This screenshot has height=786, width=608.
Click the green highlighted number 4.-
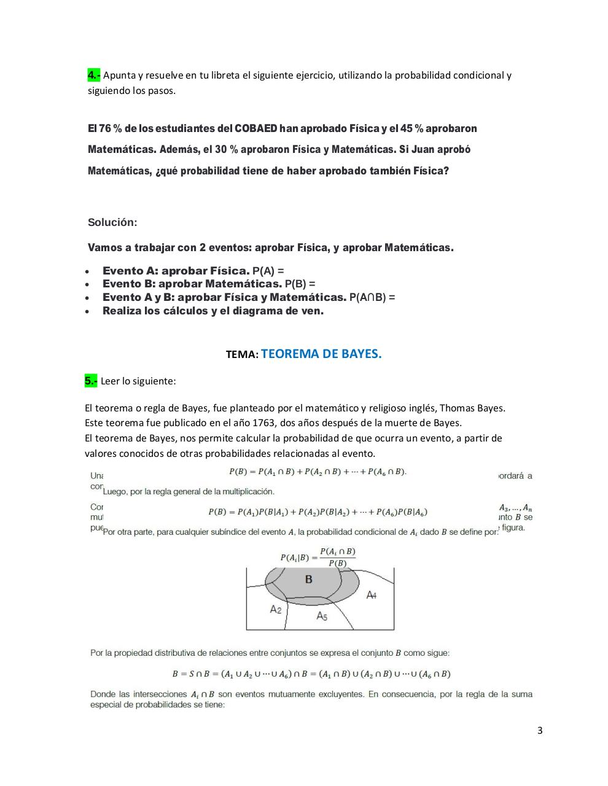(x=93, y=76)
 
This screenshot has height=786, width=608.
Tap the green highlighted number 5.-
(x=91, y=381)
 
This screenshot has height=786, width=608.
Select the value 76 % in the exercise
(x=102, y=128)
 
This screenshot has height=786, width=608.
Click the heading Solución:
(x=112, y=222)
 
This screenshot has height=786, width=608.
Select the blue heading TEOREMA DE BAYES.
(x=321, y=354)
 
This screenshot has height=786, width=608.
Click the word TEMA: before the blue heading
(x=242, y=355)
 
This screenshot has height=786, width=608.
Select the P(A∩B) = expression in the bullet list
(x=372, y=297)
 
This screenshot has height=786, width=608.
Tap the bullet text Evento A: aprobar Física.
(x=176, y=271)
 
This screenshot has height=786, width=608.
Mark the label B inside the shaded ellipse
(x=308, y=579)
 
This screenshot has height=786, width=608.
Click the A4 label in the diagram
(x=371, y=594)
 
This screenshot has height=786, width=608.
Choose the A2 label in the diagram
(x=276, y=609)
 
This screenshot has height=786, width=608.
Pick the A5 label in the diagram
(x=322, y=615)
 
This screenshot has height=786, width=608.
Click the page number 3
(x=540, y=730)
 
